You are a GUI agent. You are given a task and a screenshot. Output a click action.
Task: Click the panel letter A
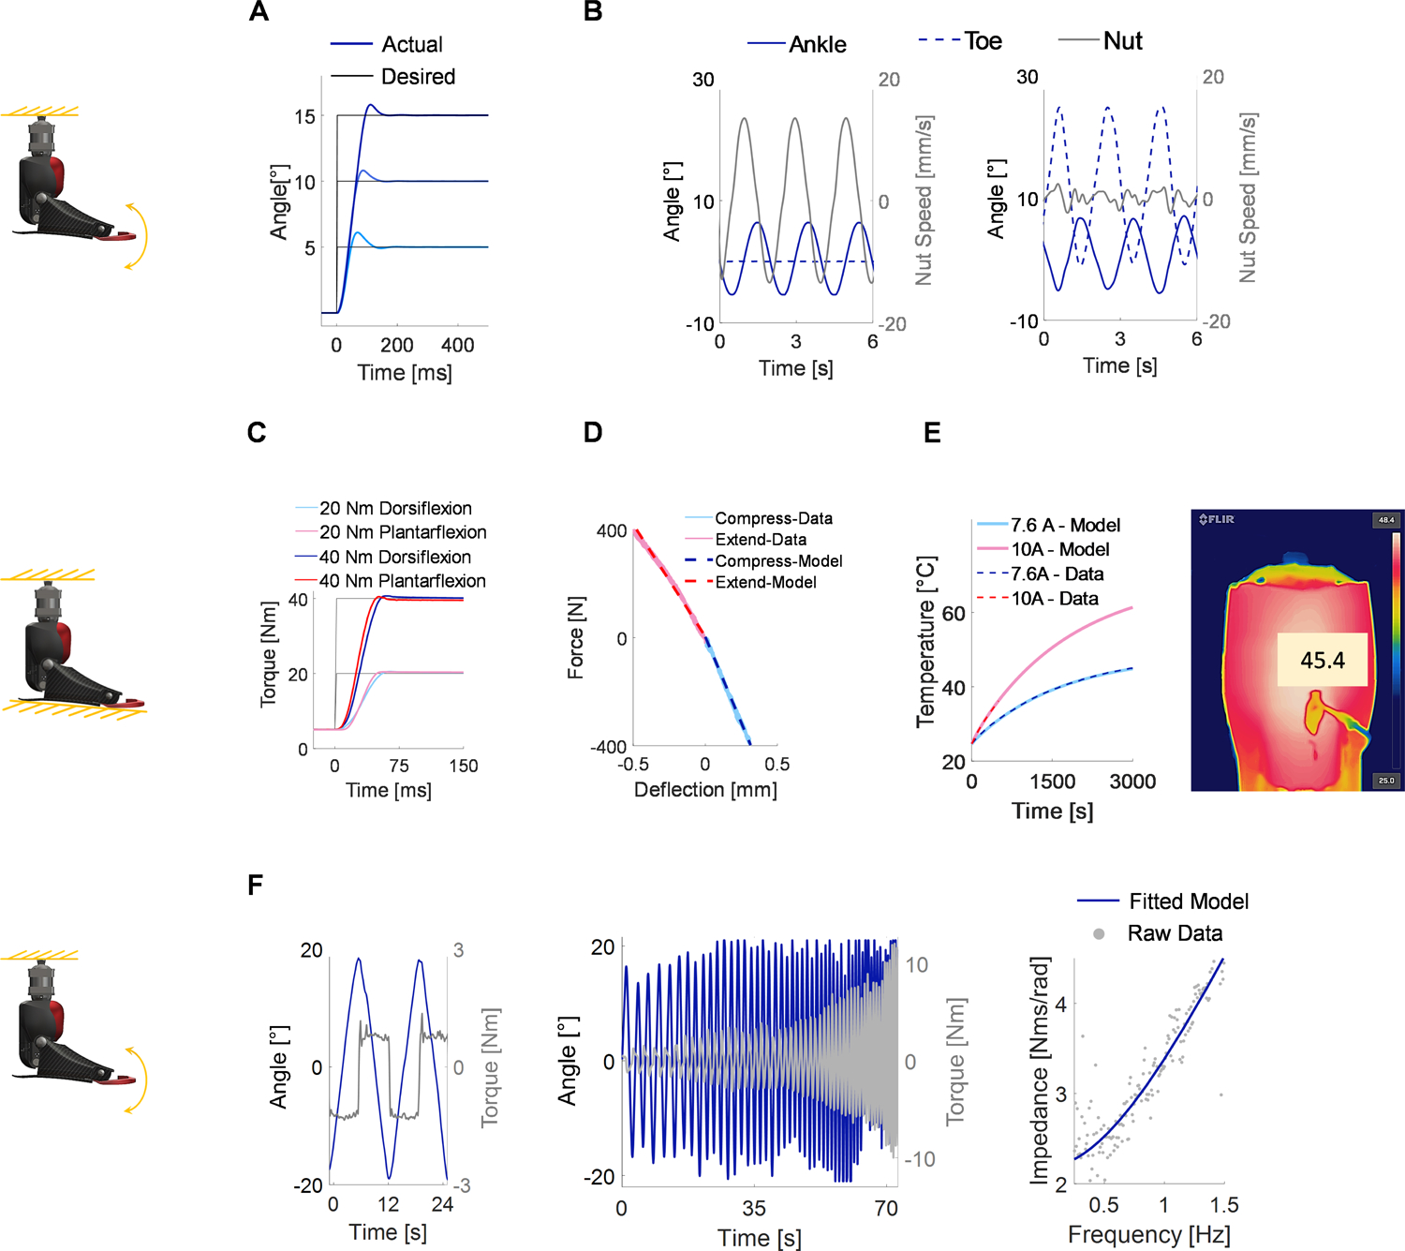point(259,12)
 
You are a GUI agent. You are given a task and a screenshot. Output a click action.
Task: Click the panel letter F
point(255,885)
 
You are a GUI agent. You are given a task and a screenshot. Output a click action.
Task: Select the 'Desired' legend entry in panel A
point(418,77)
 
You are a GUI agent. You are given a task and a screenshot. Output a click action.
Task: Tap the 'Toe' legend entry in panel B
point(983,41)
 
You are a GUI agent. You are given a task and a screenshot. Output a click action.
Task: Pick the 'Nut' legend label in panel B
point(1122,41)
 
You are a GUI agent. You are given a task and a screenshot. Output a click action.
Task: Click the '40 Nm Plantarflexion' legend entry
point(402,581)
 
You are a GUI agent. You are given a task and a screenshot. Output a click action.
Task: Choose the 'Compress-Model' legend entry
point(778,560)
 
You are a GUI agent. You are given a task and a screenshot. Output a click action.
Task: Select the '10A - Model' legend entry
point(1059,549)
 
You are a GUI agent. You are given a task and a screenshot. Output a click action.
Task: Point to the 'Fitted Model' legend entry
point(1188,901)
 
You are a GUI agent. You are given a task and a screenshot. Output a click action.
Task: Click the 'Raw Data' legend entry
point(1175,933)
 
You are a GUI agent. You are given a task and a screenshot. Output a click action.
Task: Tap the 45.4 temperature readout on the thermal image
point(1322,661)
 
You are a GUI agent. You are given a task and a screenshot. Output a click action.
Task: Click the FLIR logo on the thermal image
point(1218,519)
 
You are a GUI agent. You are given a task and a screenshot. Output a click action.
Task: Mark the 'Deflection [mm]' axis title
point(705,790)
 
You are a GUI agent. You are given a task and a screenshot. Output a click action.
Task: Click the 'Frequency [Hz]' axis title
point(1148,1235)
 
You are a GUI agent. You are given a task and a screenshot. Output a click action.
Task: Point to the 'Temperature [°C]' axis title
point(925,642)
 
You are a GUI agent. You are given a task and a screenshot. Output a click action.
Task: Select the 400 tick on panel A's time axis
point(457,345)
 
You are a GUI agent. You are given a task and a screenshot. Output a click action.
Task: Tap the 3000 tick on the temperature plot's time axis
point(1132,782)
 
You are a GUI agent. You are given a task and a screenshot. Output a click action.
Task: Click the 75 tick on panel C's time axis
point(399,766)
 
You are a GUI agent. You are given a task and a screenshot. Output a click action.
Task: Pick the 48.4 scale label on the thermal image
point(1385,520)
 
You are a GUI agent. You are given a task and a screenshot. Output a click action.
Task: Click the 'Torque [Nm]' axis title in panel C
point(269,653)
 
